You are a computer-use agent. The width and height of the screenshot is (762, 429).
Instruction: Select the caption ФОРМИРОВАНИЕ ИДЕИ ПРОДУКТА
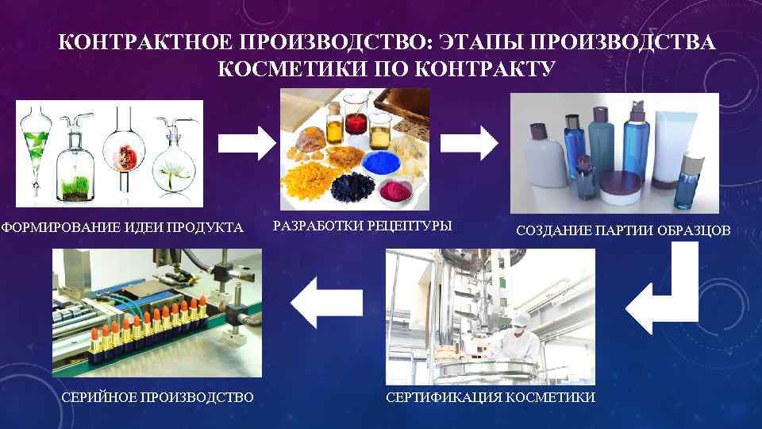pyautogui.click(x=122, y=229)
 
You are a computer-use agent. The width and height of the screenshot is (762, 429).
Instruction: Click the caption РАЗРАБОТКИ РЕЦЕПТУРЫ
pyautogui.click(x=362, y=226)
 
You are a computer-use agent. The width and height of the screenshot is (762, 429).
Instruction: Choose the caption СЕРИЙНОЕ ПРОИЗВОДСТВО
pyautogui.click(x=157, y=396)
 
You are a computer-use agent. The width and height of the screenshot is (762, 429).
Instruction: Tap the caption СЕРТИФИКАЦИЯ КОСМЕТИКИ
pyautogui.click(x=490, y=396)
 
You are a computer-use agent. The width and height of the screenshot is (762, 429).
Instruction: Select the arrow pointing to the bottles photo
pyautogui.click(x=469, y=142)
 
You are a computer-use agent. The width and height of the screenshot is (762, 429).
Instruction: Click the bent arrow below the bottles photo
pyautogui.click(x=663, y=293)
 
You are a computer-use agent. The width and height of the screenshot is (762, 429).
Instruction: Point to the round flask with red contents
pyautogui.click(x=122, y=156)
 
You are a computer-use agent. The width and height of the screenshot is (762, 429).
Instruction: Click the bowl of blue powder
pyautogui.click(x=385, y=164)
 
